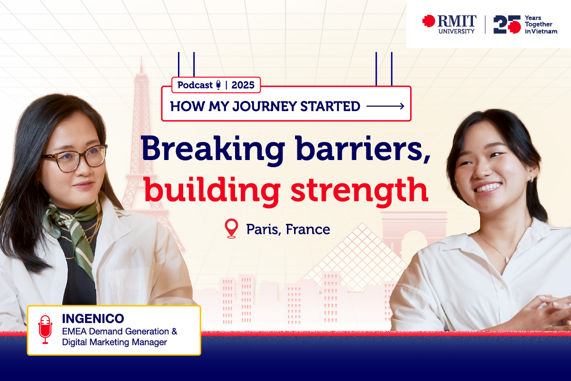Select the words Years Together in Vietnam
pos(540,24)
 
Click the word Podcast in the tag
pos(195,85)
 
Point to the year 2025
pos(243,85)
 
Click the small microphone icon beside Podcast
pos(218,85)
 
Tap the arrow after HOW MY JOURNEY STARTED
pos(385,106)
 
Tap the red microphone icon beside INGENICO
pos(45,329)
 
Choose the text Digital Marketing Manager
pos(115,342)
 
